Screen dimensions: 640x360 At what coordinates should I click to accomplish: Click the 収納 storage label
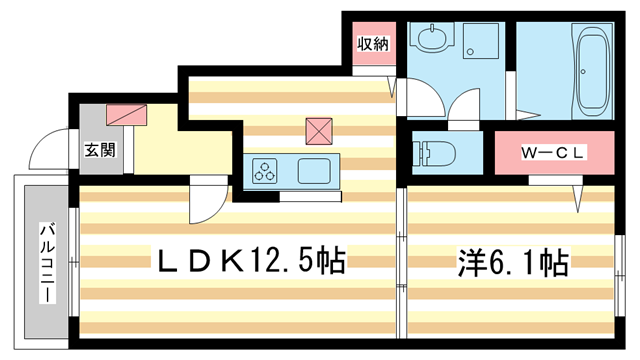(x=375, y=43)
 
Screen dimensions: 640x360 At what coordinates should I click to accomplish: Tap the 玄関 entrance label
(x=98, y=150)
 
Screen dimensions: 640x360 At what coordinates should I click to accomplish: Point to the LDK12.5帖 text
(x=247, y=262)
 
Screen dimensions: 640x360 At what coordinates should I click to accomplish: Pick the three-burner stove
(x=267, y=171)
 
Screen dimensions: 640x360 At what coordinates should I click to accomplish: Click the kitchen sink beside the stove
(x=314, y=171)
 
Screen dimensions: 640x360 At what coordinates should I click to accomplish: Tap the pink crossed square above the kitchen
(x=319, y=130)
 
